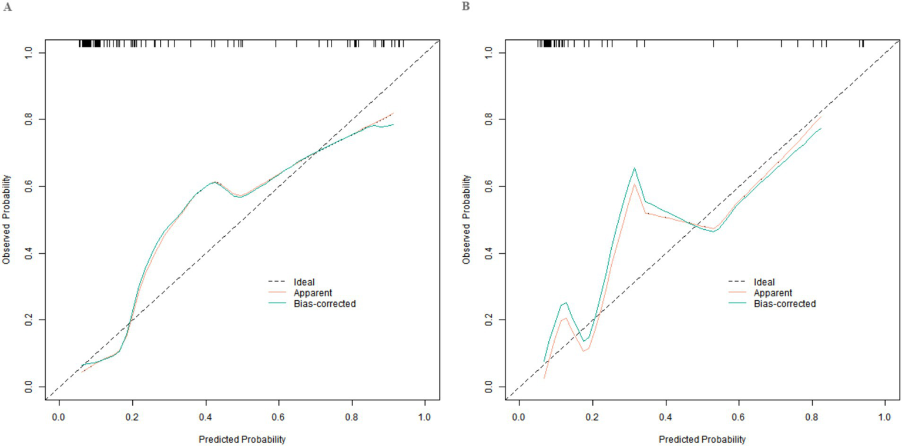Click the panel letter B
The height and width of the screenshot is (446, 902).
(x=466, y=6)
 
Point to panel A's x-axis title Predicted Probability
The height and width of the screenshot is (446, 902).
(x=242, y=439)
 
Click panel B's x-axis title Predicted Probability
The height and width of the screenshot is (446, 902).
(x=702, y=439)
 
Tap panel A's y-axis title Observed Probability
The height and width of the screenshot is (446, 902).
(x=6, y=219)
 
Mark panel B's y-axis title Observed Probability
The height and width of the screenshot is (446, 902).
(x=467, y=219)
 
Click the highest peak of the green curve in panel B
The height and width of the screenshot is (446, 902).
(x=635, y=168)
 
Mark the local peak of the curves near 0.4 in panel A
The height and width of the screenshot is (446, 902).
(x=215, y=182)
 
